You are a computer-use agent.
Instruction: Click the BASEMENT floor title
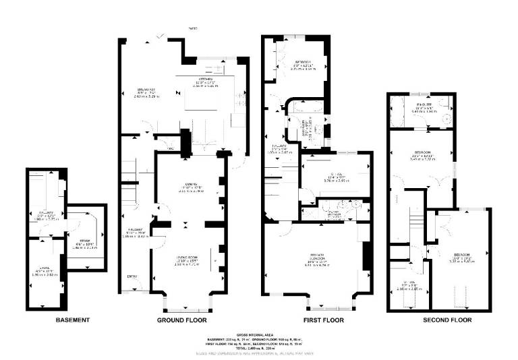pyautogui.click(x=73, y=320)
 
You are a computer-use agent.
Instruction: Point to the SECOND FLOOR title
pyautogui.click(x=447, y=320)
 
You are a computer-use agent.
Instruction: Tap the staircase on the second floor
pyautogui.click(x=416, y=222)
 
